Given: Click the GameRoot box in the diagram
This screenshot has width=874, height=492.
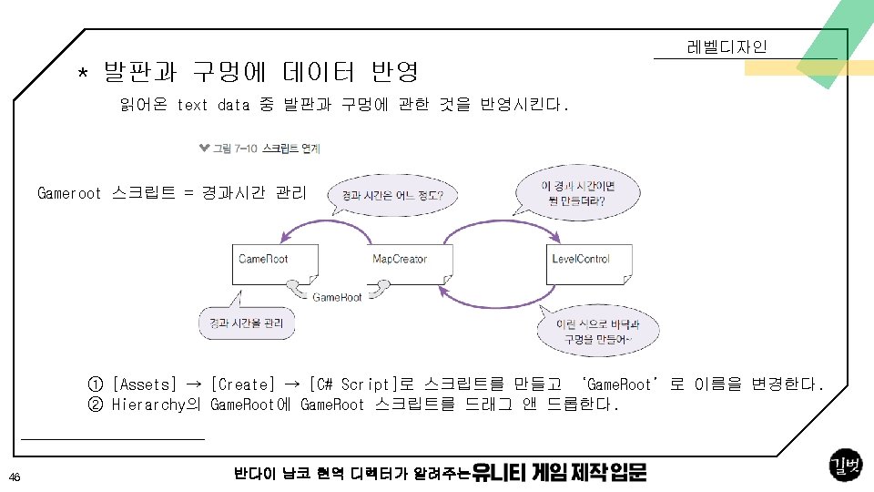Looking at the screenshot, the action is coord(275,262).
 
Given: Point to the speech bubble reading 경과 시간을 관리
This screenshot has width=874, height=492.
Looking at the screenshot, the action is coord(247,323).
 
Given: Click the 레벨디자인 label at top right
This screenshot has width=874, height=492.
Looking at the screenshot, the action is coord(727,47).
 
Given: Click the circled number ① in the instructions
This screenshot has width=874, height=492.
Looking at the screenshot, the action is coord(95,384).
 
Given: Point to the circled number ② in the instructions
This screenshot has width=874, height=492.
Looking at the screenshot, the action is coord(95,405).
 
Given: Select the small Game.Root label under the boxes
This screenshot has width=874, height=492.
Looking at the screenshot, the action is coord(337,298).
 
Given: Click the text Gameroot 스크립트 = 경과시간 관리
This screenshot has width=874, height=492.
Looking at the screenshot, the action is coord(172,193).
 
